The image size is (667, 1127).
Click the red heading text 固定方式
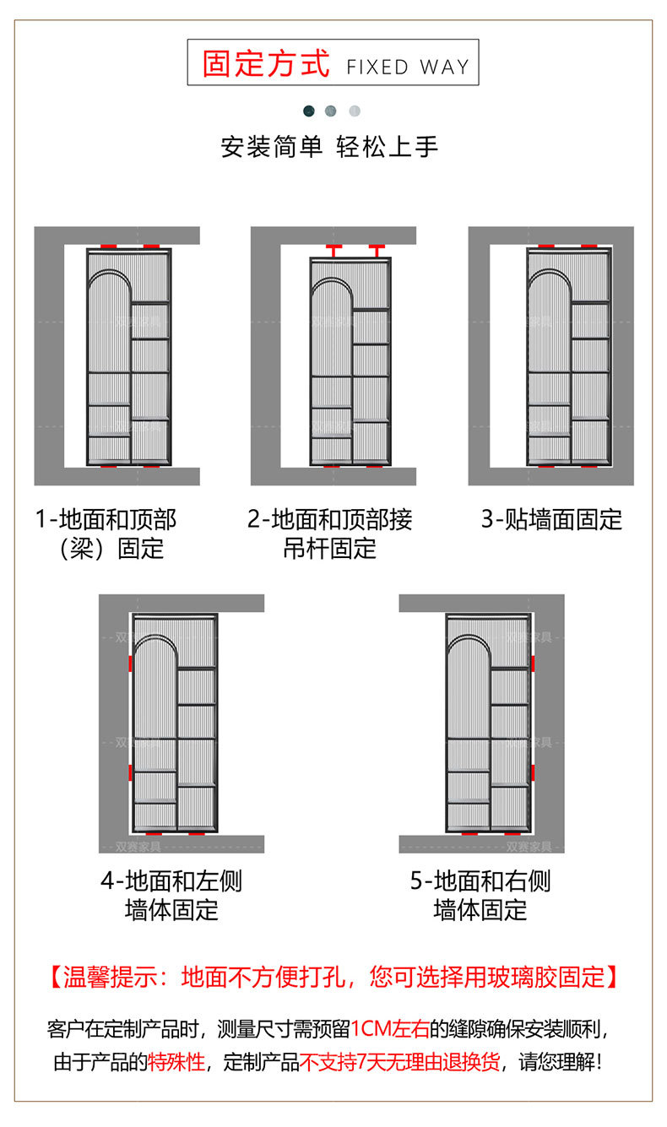click(266, 64)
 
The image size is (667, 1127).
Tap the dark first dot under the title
click(309, 111)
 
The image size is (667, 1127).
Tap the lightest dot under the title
click(355, 111)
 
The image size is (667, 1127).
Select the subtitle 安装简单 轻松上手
click(329, 147)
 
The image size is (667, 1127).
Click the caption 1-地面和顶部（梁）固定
click(106, 534)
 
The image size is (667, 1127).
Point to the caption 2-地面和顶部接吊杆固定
click(330, 534)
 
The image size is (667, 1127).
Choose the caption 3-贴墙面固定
click(551, 519)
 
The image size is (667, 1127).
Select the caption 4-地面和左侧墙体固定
click(171, 896)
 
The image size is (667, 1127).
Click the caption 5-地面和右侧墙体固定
click(480, 896)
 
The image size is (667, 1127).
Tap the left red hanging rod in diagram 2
click(333, 251)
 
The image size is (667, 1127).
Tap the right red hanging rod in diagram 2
click(376, 251)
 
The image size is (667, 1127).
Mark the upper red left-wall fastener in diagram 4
click(130, 664)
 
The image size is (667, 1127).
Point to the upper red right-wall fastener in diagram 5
click(534, 664)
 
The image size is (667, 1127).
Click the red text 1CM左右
click(389, 1029)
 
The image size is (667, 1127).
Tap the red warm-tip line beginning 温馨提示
click(333, 978)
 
